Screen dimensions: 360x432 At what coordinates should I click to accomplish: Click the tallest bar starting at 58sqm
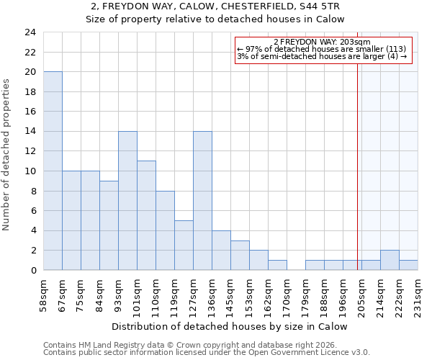click(53, 171)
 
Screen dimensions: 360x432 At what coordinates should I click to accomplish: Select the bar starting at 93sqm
click(127, 201)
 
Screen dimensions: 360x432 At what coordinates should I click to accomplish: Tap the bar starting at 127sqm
click(202, 201)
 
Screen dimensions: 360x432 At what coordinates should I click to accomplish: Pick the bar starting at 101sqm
click(146, 215)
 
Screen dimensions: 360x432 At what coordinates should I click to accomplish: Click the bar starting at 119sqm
click(184, 245)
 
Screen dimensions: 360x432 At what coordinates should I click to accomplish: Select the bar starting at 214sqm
click(390, 260)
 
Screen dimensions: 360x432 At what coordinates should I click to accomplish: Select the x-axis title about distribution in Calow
click(230, 326)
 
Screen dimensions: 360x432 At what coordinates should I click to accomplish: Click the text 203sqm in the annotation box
click(356, 42)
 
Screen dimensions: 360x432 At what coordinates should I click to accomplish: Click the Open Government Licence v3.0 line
click(206, 352)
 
